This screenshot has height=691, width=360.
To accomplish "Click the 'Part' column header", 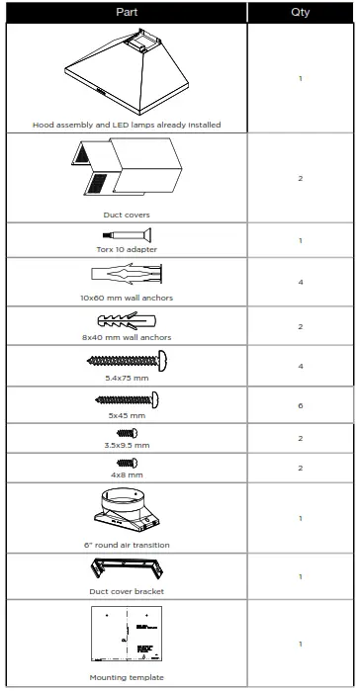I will [126, 12].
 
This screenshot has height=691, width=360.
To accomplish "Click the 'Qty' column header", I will [301, 12].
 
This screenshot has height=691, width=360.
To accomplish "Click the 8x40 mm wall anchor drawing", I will [127, 321].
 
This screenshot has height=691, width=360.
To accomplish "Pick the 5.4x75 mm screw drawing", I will [127, 362].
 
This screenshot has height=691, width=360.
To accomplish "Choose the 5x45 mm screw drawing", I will [127, 399].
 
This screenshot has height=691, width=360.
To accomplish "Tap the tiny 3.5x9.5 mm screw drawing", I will [127, 433].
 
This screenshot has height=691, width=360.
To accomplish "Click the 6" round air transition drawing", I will [127, 509].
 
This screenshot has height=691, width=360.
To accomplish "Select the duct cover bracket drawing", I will [127, 571].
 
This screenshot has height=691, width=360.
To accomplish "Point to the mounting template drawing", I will [127, 638].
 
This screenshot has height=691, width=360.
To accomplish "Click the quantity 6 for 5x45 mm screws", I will [301, 405].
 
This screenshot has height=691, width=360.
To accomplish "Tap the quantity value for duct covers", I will [301, 178].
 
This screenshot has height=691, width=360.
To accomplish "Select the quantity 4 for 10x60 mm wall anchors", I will [301, 282].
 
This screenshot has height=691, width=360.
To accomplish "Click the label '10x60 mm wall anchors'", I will [127, 298].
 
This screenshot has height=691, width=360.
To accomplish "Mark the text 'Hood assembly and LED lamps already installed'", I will [127, 125].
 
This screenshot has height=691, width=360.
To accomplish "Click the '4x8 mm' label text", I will [127, 475].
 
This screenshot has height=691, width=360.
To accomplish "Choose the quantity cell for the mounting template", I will [301, 644].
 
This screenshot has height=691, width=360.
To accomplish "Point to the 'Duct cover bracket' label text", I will [127, 591].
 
